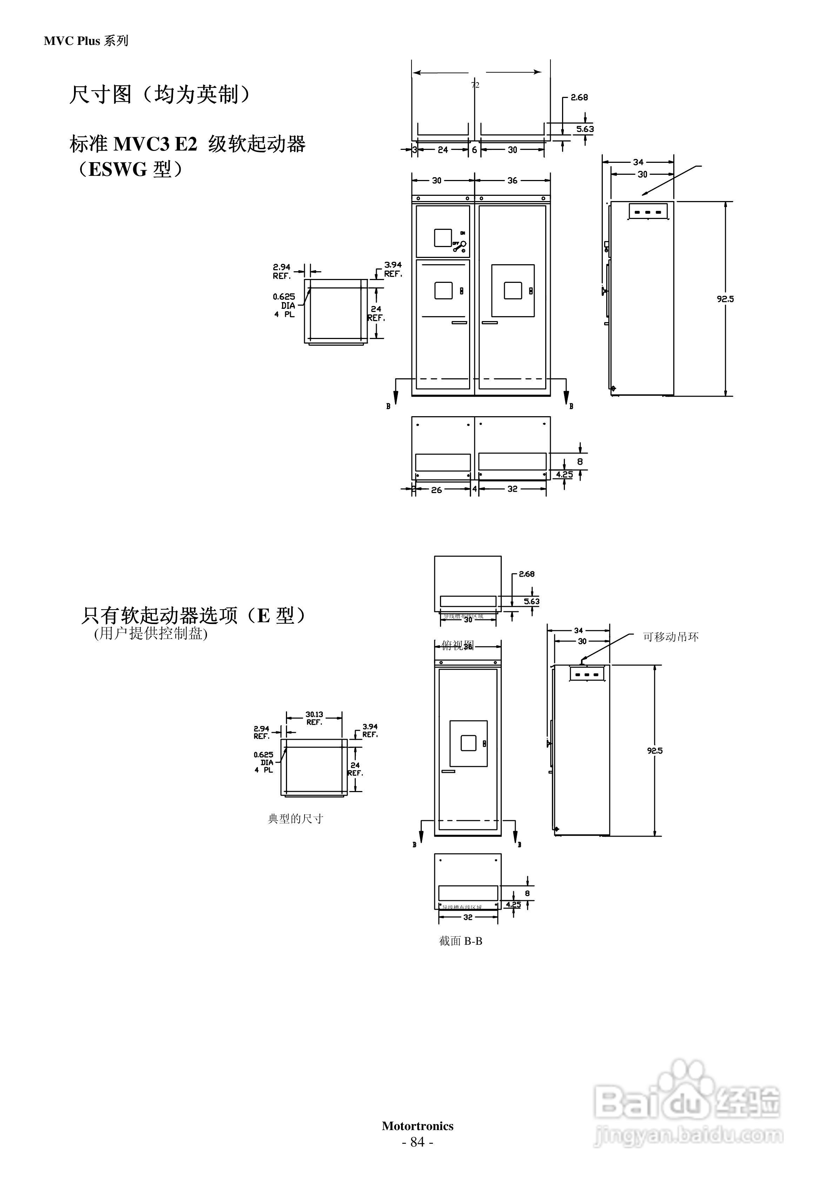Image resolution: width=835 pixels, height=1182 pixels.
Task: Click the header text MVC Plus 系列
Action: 86,41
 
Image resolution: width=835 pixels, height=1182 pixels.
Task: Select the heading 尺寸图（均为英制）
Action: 160,94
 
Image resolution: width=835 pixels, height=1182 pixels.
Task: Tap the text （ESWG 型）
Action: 129,169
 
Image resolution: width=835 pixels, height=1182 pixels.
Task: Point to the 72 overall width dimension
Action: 475,85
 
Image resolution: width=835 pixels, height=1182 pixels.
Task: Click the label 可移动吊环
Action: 670,637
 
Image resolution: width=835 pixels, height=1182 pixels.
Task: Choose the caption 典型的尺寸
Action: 295,818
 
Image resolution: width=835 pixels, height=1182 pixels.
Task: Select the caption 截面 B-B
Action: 461,941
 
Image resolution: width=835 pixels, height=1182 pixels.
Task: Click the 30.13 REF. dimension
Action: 314,718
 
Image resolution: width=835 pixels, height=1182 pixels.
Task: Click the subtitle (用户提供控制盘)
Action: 150,634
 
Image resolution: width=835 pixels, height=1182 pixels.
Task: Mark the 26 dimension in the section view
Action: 436,490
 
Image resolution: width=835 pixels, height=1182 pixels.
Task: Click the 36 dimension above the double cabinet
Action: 512,180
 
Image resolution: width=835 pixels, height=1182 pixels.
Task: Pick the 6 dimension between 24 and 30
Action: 475,150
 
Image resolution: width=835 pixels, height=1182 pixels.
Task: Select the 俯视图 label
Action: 457,645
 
